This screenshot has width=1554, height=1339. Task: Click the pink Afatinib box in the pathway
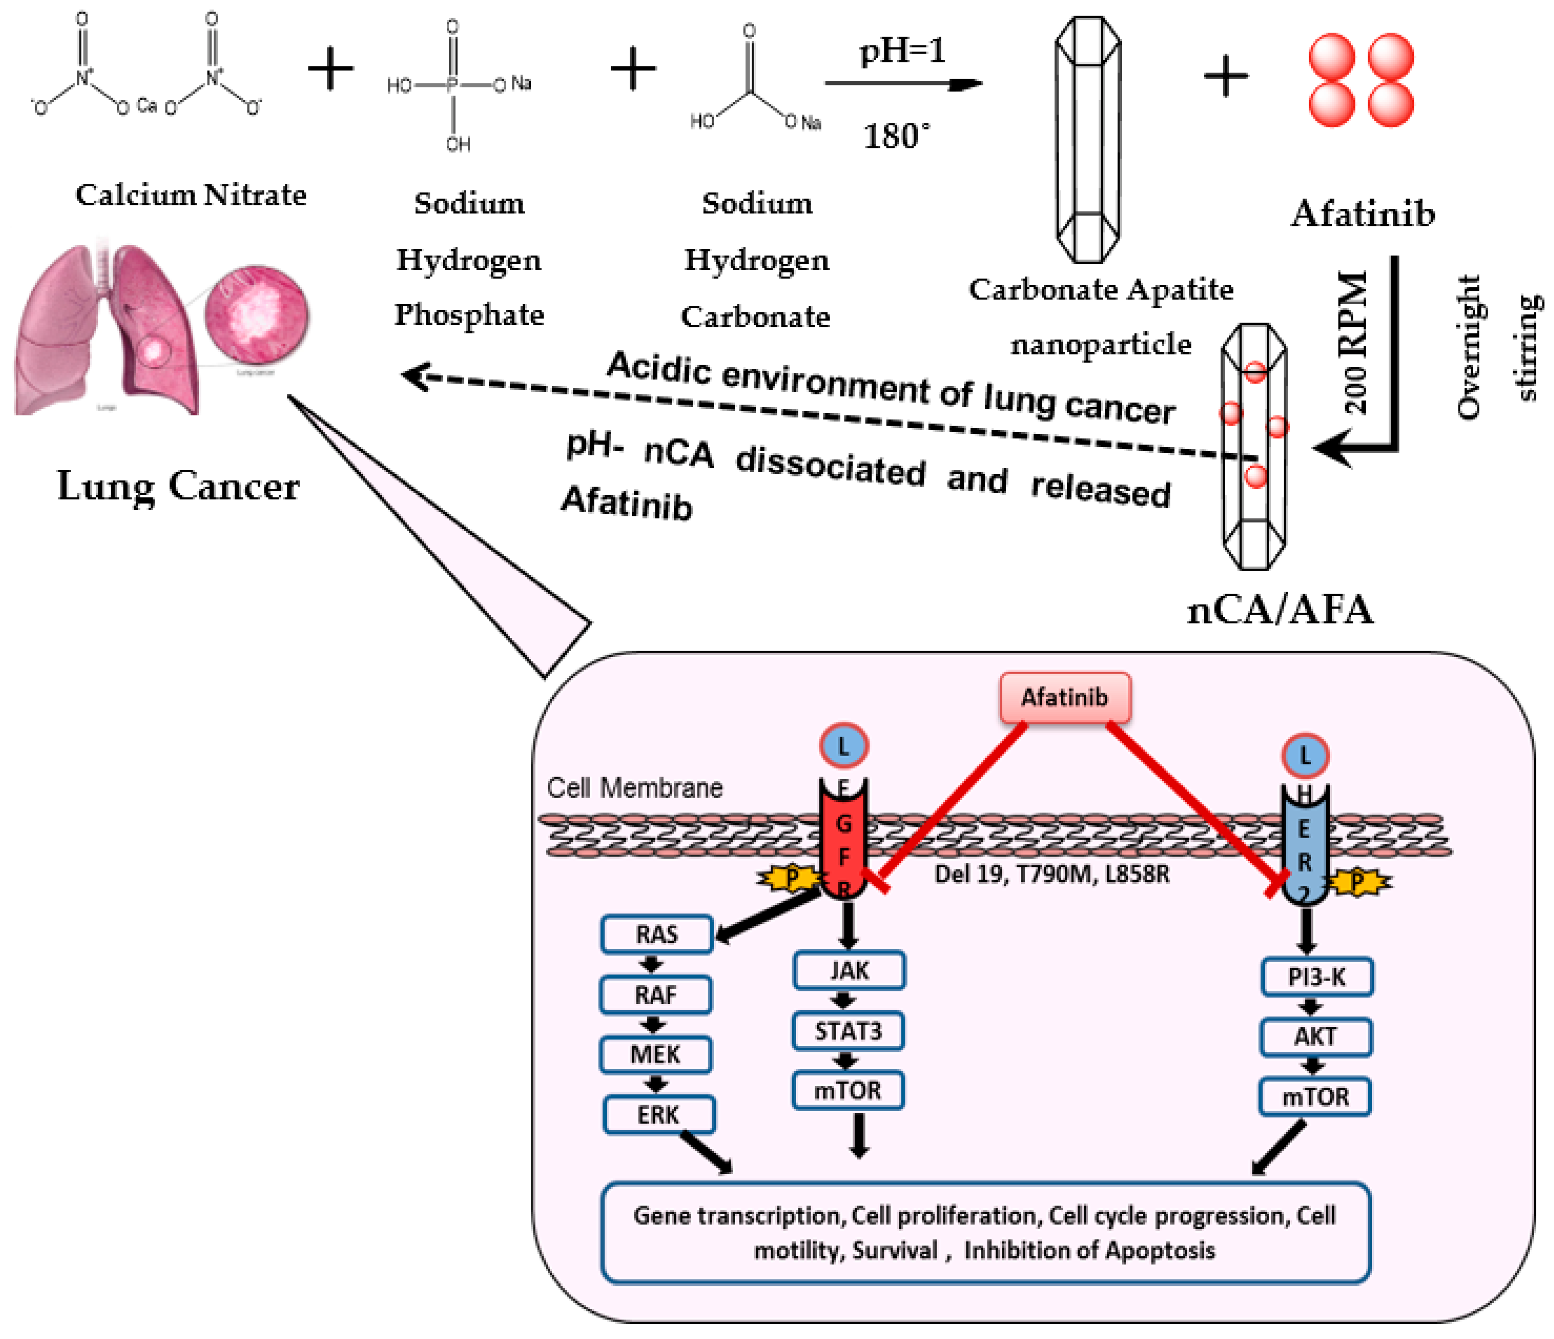pos(1065,698)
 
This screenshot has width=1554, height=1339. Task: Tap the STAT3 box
pos(848,1031)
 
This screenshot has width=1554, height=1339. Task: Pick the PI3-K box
pos(1316,977)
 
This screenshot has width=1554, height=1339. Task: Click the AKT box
pos(1315,1037)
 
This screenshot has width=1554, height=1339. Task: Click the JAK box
pos(849,971)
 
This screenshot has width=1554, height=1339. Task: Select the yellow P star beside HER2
pos(1357,882)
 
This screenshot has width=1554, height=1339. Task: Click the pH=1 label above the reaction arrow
pos(902,51)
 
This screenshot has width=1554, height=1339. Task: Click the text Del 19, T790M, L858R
pos(1052,874)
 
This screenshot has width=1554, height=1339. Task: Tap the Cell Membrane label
pos(635,788)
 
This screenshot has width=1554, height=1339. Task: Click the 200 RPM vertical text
pos(1354,341)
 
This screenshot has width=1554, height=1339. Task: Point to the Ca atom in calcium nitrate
pos(147,106)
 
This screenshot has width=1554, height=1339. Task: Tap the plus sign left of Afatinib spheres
pos(1226,77)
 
